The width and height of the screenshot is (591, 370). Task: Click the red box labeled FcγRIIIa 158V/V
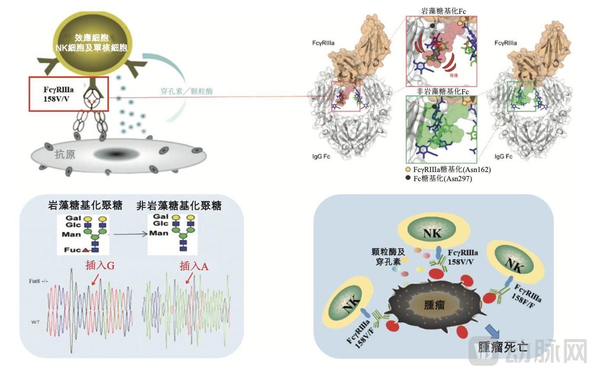coord(68,94)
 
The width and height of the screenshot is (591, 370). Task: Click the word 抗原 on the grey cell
coord(65,154)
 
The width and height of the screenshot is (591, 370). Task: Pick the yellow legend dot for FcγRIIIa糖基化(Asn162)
coord(408,169)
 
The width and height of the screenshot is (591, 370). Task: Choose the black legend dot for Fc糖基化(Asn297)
coord(408,178)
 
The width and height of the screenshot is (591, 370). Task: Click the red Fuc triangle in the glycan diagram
coord(86,250)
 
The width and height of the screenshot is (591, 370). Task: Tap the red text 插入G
coord(100,266)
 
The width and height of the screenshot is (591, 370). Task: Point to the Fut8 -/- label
coord(39,281)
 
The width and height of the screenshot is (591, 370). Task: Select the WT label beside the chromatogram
coord(36,322)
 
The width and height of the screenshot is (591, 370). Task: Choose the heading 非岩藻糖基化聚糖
coord(179,206)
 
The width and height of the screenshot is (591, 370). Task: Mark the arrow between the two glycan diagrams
coord(128,234)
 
